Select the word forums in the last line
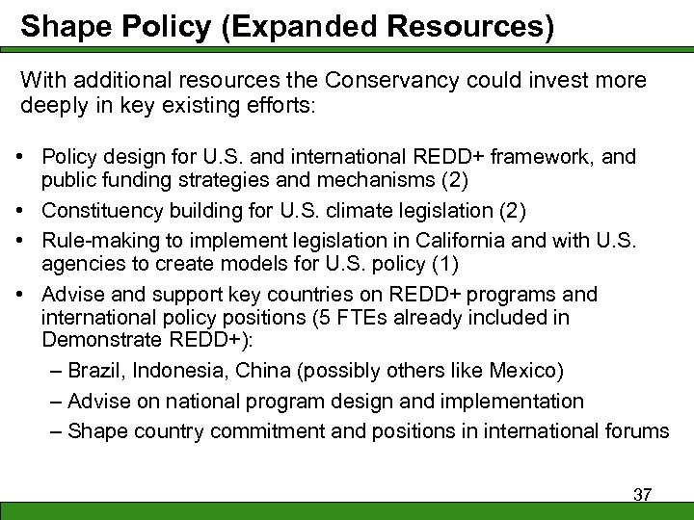pyautogui.click(x=634, y=431)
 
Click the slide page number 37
pyautogui.click(x=642, y=495)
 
